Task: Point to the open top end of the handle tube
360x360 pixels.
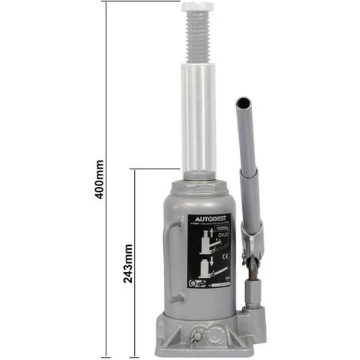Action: pos(242,103)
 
